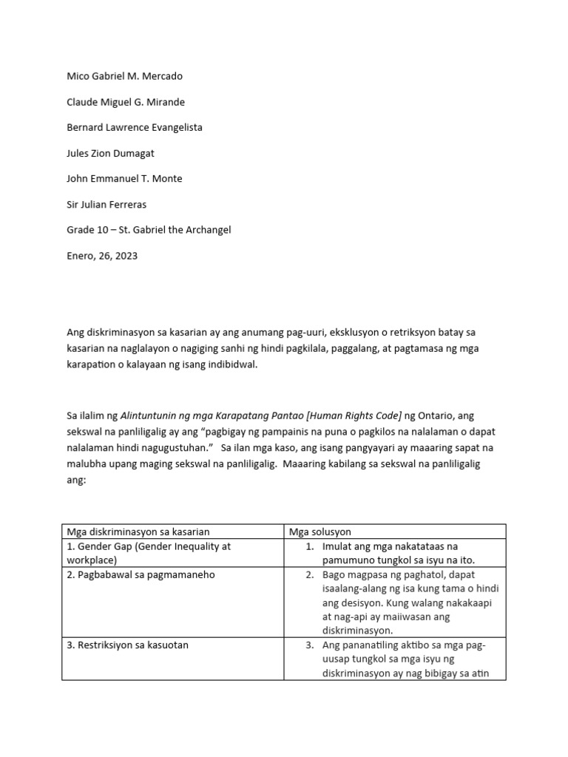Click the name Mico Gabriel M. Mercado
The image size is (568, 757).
(x=124, y=76)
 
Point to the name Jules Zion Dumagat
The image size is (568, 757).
(x=110, y=153)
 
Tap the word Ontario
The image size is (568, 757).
(x=442, y=416)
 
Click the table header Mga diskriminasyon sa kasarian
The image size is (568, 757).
(x=138, y=532)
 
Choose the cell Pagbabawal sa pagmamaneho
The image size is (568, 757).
(x=141, y=574)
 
